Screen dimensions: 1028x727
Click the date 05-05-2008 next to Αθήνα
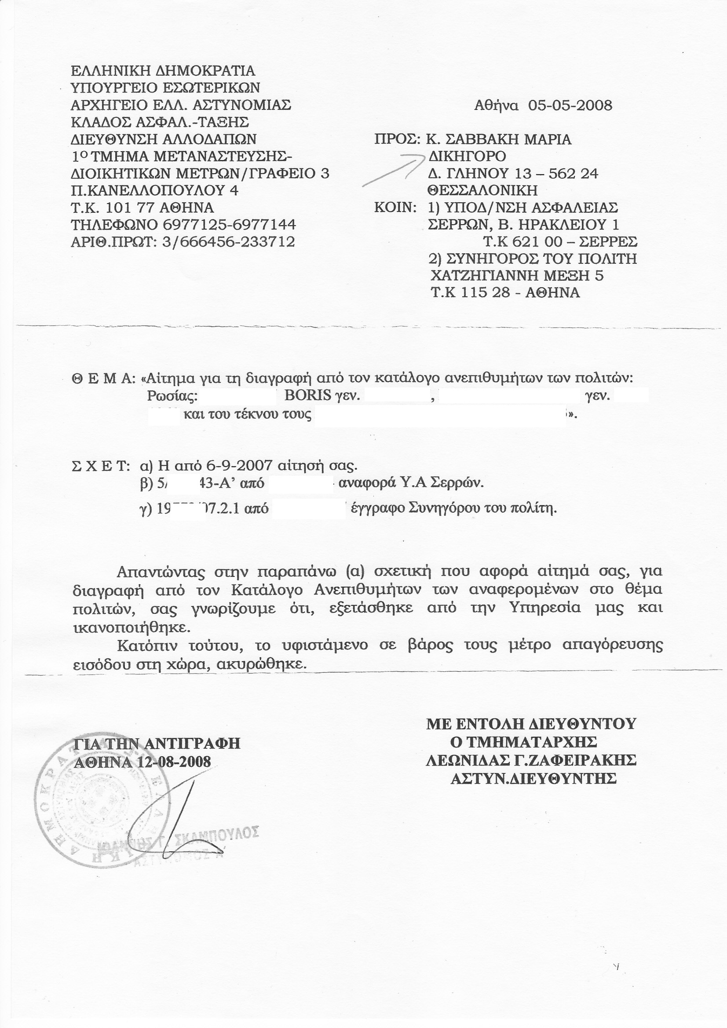pos(570,106)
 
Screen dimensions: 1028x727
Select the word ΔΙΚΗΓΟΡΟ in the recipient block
pos(467,156)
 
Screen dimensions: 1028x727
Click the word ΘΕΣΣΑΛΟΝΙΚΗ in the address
pos(482,191)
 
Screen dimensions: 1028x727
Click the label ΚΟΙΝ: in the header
pos(395,208)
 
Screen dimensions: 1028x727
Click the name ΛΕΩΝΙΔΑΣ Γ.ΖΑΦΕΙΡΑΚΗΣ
pos(531,760)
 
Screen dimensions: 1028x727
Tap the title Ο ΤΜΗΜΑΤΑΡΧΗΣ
pos(524,742)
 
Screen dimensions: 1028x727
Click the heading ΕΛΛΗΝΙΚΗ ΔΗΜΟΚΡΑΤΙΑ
pos(163,71)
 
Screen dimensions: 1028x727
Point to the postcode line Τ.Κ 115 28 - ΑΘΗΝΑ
pos(505,293)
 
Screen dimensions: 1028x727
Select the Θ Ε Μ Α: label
pos(103,379)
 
